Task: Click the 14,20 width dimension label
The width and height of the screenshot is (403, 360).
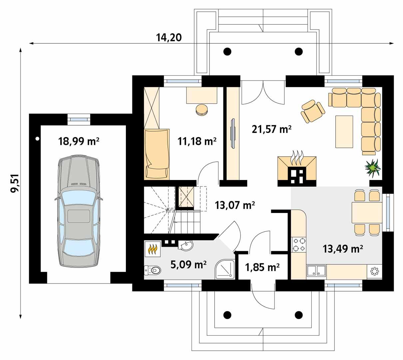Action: pos(169,37)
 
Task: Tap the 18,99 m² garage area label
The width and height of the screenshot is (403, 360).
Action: pos(79,141)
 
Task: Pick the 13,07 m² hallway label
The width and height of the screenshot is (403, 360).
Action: pos(235,205)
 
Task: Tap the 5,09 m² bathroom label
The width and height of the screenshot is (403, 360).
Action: pos(189,265)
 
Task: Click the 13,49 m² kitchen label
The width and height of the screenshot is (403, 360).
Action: pos(343,248)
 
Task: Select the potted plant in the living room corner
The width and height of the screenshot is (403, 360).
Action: pos(372,167)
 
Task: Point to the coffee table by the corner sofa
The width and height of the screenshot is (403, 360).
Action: pos(344,131)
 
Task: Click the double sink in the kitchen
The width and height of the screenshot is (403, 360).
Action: pos(316,271)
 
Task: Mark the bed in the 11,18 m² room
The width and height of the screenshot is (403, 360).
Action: pos(156,154)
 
